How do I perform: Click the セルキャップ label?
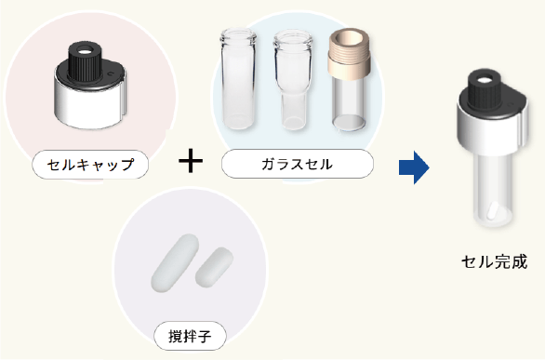(x=90, y=165)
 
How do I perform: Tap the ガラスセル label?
(x=298, y=164)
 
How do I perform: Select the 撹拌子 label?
(x=190, y=336)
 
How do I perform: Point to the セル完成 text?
(x=494, y=261)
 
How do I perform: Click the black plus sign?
(x=191, y=160)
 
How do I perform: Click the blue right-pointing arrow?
(x=414, y=167)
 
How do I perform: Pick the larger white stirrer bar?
(x=175, y=263)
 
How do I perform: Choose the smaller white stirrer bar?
(x=214, y=267)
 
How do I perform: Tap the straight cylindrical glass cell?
(x=238, y=80)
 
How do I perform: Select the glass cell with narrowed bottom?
(x=293, y=80)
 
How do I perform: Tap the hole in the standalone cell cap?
(x=84, y=52)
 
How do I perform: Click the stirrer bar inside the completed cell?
(x=493, y=211)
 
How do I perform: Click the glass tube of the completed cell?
(x=493, y=190)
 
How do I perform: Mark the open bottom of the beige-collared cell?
(x=349, y=123)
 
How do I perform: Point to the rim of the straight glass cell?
(x=238, y=34)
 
